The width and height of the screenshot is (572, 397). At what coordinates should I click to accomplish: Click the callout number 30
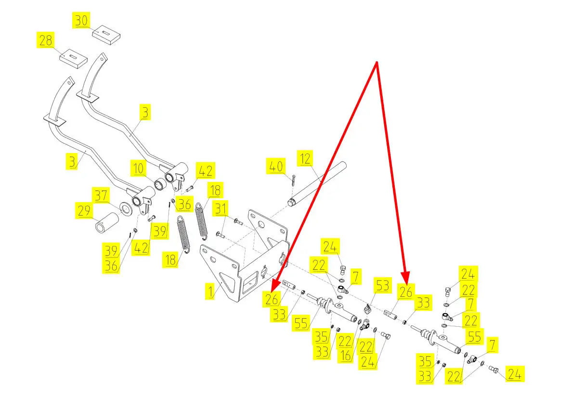(x=81, y=21)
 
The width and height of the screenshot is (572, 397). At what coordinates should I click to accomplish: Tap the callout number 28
(x=46, y=40)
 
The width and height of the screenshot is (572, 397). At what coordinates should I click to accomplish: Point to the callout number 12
(x=304, y=158)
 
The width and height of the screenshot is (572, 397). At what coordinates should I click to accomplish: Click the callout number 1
(x=210, y=291)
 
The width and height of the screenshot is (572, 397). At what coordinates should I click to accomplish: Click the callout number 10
(x=139, y=169)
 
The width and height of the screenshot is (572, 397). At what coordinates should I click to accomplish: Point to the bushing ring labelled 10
(x=159, y=185)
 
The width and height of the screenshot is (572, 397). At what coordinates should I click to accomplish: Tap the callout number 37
(x=101, y=195)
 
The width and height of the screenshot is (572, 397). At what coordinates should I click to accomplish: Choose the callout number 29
(x=84, y=211)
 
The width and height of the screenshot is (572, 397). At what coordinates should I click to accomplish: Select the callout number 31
(x=221, y=209)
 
